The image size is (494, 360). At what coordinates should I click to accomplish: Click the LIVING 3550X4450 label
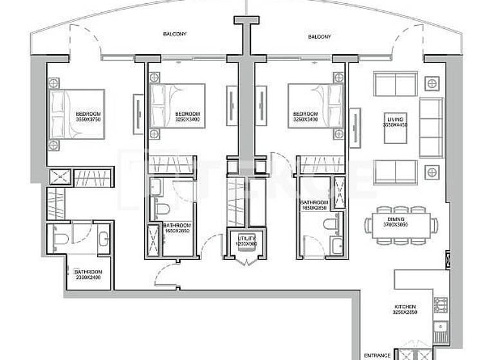coord(394,122)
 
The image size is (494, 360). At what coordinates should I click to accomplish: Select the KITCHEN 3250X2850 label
coord(405,310)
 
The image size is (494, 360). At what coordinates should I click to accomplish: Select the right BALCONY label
coord(318,37)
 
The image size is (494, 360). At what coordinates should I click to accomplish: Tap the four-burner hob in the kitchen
coord(441,305)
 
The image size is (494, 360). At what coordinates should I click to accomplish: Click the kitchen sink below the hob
coord(441,330)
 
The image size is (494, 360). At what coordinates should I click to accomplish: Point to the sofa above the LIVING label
coord(395,84)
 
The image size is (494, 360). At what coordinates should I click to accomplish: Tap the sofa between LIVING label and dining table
coord(395,172)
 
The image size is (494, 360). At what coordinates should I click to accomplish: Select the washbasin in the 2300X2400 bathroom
coord(104,239)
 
